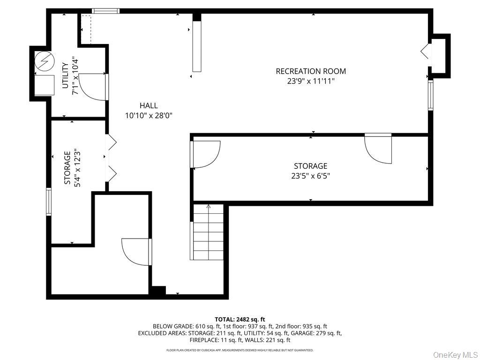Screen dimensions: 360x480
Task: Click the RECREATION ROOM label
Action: click(311, 71)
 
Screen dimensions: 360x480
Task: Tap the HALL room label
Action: click(148, 105)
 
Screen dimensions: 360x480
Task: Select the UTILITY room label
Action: click(65, 75)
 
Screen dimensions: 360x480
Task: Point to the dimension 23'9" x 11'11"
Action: click(311, 81)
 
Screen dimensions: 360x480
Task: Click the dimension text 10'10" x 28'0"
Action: click(148, 115)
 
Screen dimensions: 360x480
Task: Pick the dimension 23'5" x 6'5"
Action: click(310, 176)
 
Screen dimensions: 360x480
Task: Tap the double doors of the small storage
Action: click(112, 158)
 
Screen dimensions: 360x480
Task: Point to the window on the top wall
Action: click(105, 11)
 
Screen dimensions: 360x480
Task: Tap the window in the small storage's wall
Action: click(48, 202)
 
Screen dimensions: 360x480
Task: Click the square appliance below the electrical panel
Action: click(45, 85)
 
